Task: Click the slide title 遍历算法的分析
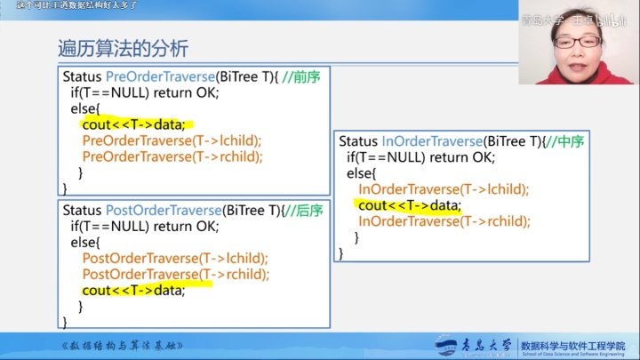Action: click(123, 48)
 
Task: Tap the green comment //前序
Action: click(301, 77)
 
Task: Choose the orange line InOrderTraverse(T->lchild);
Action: click(444, 189)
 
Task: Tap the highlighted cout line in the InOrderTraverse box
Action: click(411, 205)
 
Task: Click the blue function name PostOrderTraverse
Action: click(163, 211)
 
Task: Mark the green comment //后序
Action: click(302, 211)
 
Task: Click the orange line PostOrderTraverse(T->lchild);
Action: click(175, 259)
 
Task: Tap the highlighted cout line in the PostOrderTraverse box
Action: click(133, 291)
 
